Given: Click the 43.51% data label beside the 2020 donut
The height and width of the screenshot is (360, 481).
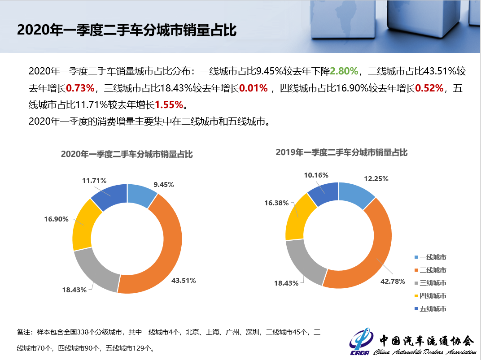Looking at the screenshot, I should pyautogui.click(x=184, y=281).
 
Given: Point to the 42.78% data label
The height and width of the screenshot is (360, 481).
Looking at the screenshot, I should pyautogui.click(x=393, y=282).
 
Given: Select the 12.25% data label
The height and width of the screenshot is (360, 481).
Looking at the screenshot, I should pyautogui.click(x=376, y=178).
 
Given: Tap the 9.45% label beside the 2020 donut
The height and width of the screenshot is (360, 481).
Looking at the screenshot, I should pyautogui.click(x=163, y=184).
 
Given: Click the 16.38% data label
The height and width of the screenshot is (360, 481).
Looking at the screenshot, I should pyautogui.click(x=276, y=203).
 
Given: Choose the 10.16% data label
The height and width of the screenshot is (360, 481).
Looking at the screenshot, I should pyautogui.click(x=316, y=175).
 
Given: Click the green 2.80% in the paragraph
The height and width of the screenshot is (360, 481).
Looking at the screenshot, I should pyautogui.click(x=344, y=71).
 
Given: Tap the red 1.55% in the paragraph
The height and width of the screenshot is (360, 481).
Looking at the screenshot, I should pyautogui.click(x=169, y=105).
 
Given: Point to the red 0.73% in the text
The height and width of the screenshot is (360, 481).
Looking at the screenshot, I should pyautogui.click(x=80, y=88).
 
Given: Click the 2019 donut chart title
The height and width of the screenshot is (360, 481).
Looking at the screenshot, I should pyautogui.click(x=341, y=152).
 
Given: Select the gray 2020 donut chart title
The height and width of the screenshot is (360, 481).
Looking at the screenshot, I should pyautogui.click(x=127, y=154).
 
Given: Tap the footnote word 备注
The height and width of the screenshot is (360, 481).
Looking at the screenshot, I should pyautogui.click(x=24, y=332).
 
